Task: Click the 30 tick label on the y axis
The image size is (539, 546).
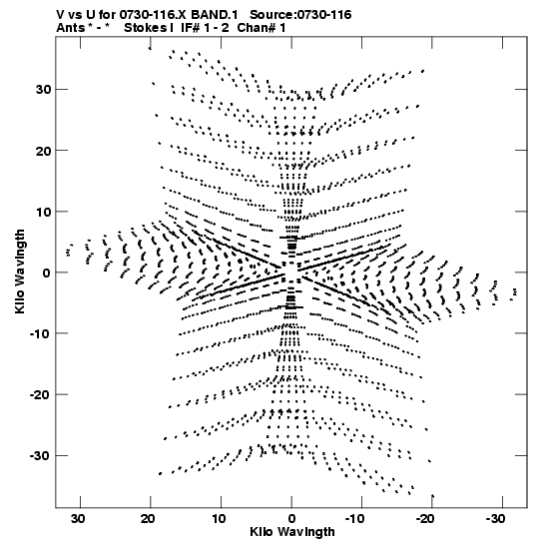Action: [x=43, y=90]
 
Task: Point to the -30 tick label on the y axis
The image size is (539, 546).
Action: [x=40, y=456]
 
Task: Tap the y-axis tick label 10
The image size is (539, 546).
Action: [x=43, y=212]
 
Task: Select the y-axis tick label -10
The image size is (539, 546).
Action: [x=40, y=333]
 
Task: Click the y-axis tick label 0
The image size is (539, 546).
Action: [x=47, y=273]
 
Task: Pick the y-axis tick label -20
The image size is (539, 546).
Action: [x=40, y=395]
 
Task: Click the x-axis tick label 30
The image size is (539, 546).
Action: [x=78, y=519]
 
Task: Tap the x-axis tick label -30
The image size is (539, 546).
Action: [x=495, y=519]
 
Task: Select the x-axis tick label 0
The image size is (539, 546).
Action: [x=291, y=519]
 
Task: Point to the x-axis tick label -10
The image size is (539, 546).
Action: [x=354, y=519]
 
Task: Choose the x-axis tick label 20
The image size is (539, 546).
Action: [x=148, y=519]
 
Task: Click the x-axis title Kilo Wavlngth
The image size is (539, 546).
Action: [x=292, y=532]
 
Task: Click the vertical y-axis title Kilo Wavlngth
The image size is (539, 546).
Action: [x=20, y=272]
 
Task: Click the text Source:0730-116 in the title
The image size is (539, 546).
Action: [x=300, y=15]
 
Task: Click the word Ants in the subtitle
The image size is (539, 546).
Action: [x=70, y=28]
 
